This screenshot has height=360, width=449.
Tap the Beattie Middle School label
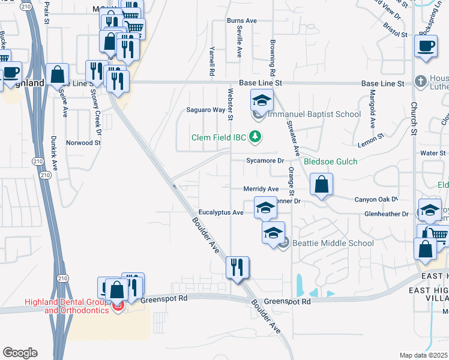(333, 243)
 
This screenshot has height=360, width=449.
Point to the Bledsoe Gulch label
(330, 161)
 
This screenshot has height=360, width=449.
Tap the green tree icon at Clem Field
(256, 137)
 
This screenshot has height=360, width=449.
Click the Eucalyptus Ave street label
(221, 212)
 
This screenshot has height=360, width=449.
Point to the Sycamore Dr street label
(265, 161)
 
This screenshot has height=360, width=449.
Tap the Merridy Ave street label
(261, 188)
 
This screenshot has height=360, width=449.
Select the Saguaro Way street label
(205, 110)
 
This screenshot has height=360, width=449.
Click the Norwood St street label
(83, 143)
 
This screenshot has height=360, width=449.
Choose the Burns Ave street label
(241, 20)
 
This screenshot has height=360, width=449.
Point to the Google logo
(20, 353)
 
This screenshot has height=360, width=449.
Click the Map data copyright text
(424, 355)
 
